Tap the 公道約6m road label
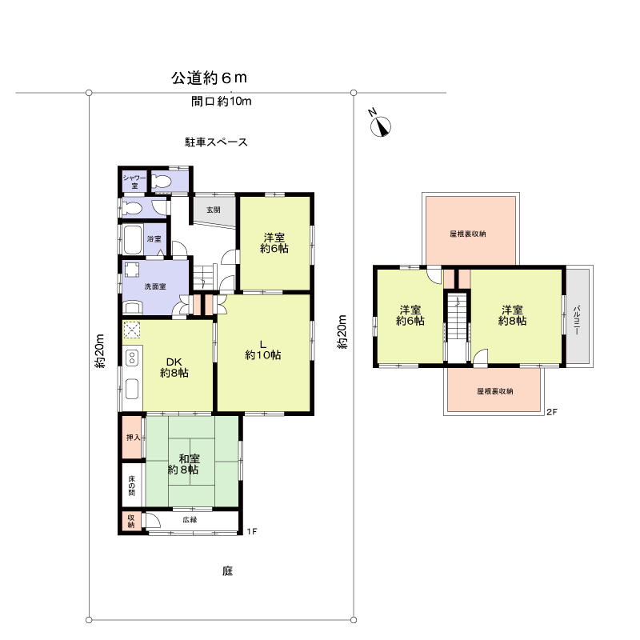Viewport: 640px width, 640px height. click(x=209, y=78)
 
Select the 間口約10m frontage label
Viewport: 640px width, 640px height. click(x=222, y=102)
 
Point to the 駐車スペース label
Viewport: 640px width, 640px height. click(x=216, y=142)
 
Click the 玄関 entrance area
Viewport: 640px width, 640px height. click(x=214, y=210)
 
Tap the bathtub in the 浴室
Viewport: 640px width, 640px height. click(x=132, y=238)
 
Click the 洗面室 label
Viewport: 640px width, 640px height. click(x=155, y=286)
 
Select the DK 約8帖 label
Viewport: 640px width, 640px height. click(x=174, y=366)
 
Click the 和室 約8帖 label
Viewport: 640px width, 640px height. click(x=190, y=464)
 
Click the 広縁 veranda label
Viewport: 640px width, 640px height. click(x=190, y=520)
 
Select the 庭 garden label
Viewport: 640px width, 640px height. click(x=228, y=571)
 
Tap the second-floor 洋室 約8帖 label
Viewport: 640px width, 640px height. click(x=512, y=315)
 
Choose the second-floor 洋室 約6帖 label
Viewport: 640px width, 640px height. click(x=410, y=315)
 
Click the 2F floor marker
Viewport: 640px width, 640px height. click(x=551, y=413)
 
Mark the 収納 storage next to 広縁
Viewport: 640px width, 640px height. click(x=131, y=521)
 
